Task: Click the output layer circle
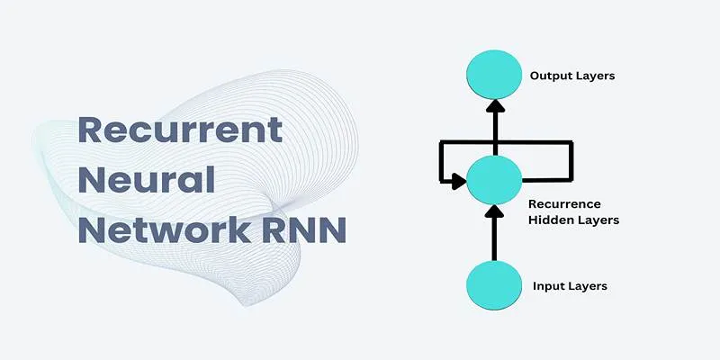(x=494, y=75)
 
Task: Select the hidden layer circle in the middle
(x=494, y=180)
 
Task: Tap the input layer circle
(x=494, y=285)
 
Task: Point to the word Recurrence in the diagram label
(x=564, y=204)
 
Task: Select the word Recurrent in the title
(x=180, y=130)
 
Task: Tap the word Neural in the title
(x=147, y=179)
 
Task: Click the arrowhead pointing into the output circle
(x=495, y=106)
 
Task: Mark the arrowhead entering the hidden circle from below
(x=494, y=211)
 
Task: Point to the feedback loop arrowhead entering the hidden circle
(x=459, y=181)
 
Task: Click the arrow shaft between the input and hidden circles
(x=494, y=238)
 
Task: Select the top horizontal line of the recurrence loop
(x=506, y=143)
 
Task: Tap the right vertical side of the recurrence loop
(x=571, y=161)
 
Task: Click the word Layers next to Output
(x=596, y=76)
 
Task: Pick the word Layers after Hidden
(x=595, y=220)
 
